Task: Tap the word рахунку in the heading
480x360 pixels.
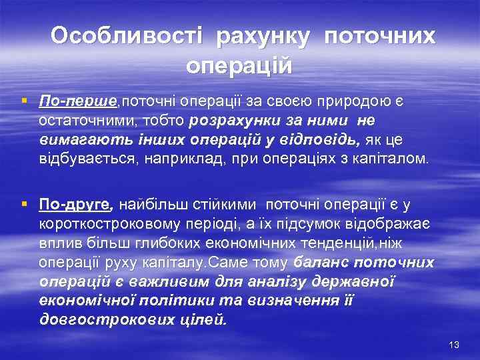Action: tap(262, 37)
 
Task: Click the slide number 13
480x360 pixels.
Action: tap(455, 344)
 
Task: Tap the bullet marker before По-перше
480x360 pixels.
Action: tap(25, 101)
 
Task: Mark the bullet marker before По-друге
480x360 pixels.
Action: tap(25, 203)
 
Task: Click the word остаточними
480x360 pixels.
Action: tap(79, 121)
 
